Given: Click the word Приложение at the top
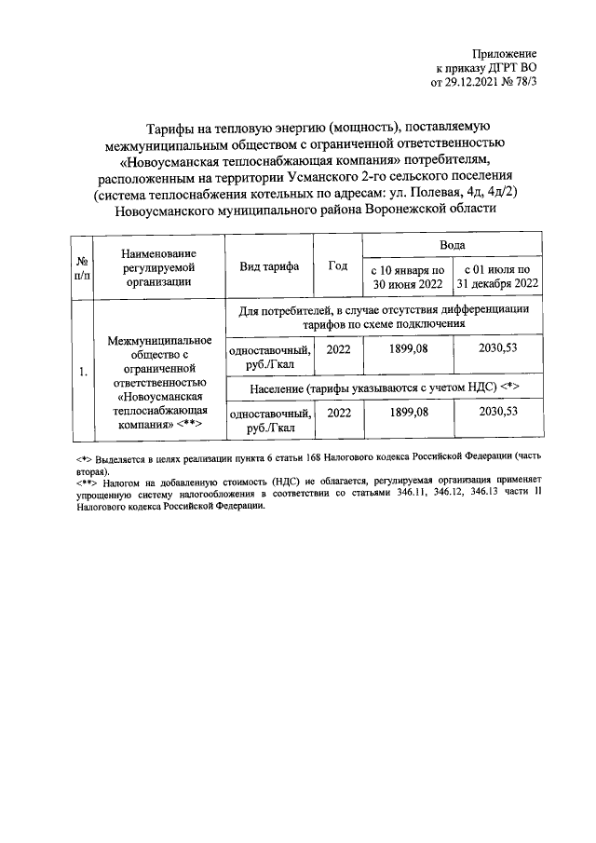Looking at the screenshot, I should [x=505, y=55].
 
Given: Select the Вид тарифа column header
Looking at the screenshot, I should [x=269, y=266].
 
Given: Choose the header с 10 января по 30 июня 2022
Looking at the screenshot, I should [x=406, y=277].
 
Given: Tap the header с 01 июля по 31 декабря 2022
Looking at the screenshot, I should [x=497, y=277].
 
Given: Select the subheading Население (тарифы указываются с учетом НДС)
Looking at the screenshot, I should [x=384, y=386].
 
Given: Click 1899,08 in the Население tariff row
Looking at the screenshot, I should [x=406, y=411].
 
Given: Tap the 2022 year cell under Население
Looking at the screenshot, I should [x=339, y=411].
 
